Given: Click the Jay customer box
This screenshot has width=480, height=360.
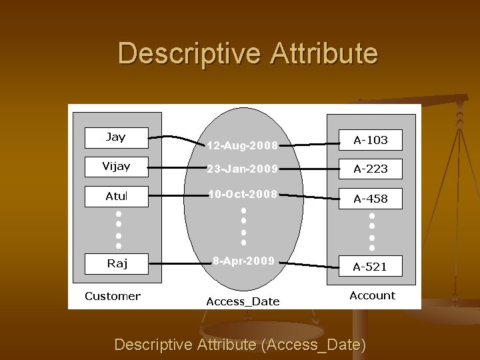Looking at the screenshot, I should click(116, 137).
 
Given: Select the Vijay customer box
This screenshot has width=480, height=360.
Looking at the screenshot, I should click(116, 167).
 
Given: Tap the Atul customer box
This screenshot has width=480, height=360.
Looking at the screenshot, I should click(116, 197).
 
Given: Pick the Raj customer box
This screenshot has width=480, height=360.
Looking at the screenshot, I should click(116, 263).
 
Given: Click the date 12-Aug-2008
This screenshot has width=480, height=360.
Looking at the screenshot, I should click(242, 145).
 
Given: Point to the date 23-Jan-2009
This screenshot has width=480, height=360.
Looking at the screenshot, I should click(241, 169).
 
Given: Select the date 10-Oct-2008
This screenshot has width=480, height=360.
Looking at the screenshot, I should click(241, 194).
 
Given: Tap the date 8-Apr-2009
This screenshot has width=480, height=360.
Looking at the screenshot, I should click(243, 261).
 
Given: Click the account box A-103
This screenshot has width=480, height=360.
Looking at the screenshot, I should click(370, 140).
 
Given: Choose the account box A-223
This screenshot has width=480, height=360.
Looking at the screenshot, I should click(370, 169).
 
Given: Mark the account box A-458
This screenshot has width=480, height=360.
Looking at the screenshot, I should click(370, 199).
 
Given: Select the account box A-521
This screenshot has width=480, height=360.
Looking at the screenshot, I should click(370, 267).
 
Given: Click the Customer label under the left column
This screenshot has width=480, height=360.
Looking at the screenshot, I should click(113, 296).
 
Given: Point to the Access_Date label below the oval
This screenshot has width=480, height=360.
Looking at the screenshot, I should click(243, 301).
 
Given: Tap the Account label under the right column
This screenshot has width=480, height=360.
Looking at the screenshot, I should click(372, 295).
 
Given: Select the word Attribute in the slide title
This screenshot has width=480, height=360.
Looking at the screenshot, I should click(324, 53).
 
